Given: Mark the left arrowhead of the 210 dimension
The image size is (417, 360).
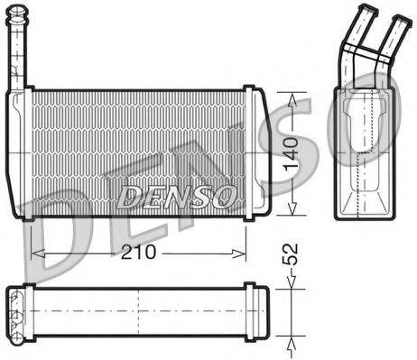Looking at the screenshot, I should click(x=36, y=252).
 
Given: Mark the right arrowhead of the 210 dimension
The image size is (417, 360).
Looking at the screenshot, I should click(x=241, y=252).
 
